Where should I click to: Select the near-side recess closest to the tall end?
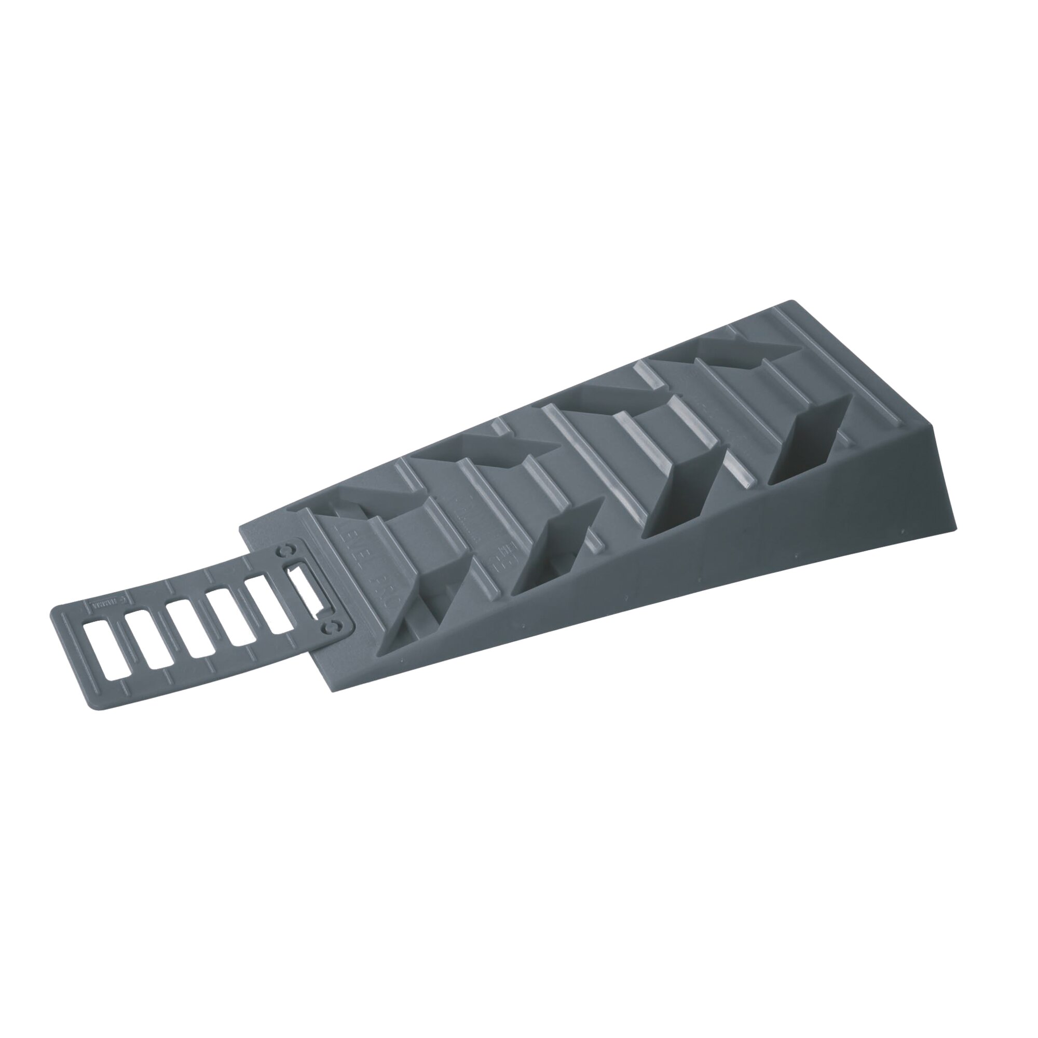(x=809, y=444)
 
